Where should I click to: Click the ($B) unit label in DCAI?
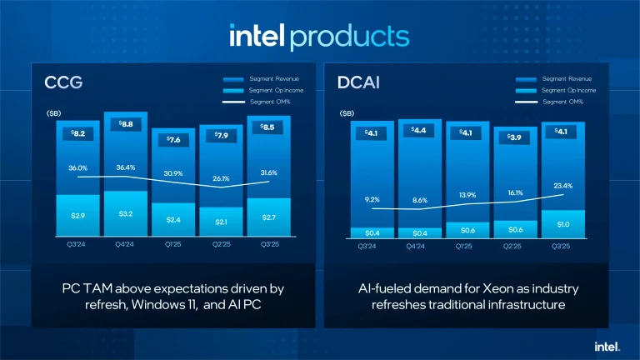pyautogui.click(x=347, y=112)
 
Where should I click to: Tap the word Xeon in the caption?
pyautogui.click(x=502, y=288)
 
